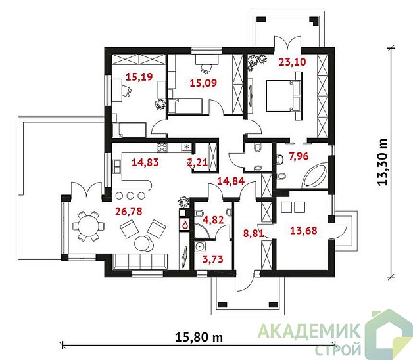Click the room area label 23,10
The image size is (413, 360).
(292, 62)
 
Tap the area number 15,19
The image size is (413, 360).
(139, 77)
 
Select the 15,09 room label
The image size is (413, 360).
(203, 83)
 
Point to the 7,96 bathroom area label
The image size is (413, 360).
(299, 156)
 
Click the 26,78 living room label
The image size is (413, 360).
(129, 211)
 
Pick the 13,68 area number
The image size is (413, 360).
(303, 231)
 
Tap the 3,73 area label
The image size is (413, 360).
(213, 259)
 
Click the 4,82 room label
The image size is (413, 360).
(214, 219)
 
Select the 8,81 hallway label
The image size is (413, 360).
(253, 233)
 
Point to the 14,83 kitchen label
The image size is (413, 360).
(145, 162)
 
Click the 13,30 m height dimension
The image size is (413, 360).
(383, 162)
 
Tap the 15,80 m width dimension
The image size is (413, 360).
(199, 336)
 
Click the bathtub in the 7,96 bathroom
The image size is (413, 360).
(315, 175)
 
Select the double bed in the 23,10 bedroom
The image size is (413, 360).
(283, 96)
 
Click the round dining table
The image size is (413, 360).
(88, 226)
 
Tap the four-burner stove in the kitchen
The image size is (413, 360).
(162, 148)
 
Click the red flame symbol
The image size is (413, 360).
(185, 225)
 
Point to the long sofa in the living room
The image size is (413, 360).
(140, 261)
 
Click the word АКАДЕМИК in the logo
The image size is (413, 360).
(309, 331)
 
